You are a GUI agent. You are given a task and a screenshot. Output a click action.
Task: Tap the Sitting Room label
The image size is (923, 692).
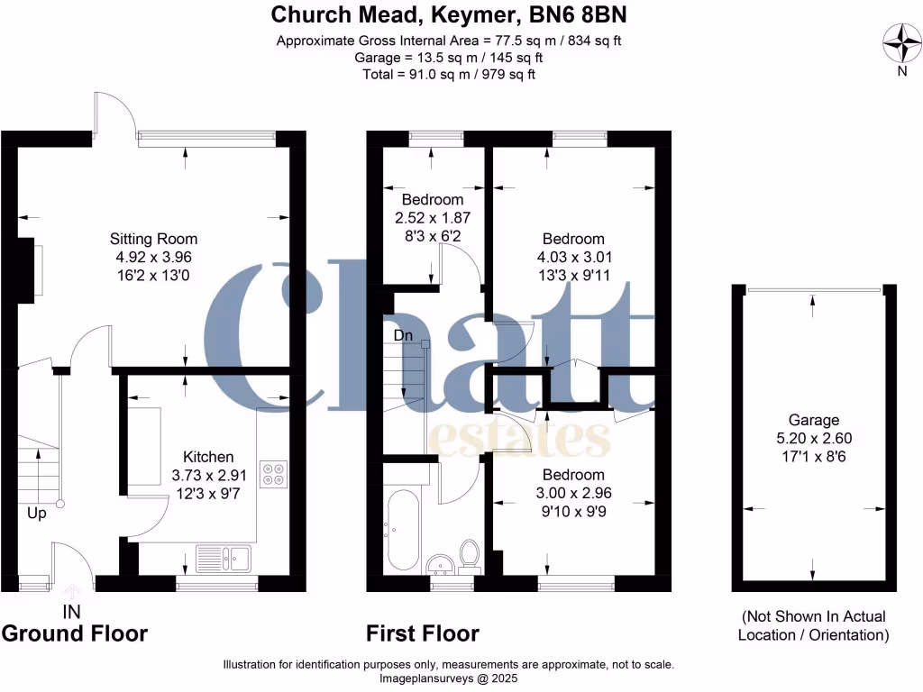pos(153,239)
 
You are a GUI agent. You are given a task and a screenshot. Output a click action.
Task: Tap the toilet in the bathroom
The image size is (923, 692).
pos(469,553)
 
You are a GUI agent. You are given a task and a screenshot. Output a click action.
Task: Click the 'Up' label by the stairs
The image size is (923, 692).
pos(37,514)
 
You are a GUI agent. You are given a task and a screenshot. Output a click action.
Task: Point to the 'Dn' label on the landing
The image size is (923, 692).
pos(404,334)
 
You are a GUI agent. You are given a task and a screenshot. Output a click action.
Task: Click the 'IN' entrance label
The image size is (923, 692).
pos(71,612)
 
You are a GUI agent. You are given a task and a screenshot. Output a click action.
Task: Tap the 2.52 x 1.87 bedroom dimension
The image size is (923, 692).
pos(433,218)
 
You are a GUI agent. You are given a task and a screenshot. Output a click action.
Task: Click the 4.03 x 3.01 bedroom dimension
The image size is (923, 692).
pos(572,258)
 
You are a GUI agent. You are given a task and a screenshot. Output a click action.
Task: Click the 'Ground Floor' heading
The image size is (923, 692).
pos(74,633)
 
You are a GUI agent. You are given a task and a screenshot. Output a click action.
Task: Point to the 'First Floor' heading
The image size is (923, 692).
pos(423,633)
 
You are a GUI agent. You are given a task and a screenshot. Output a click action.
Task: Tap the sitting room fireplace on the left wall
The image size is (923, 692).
pos(32,268)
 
